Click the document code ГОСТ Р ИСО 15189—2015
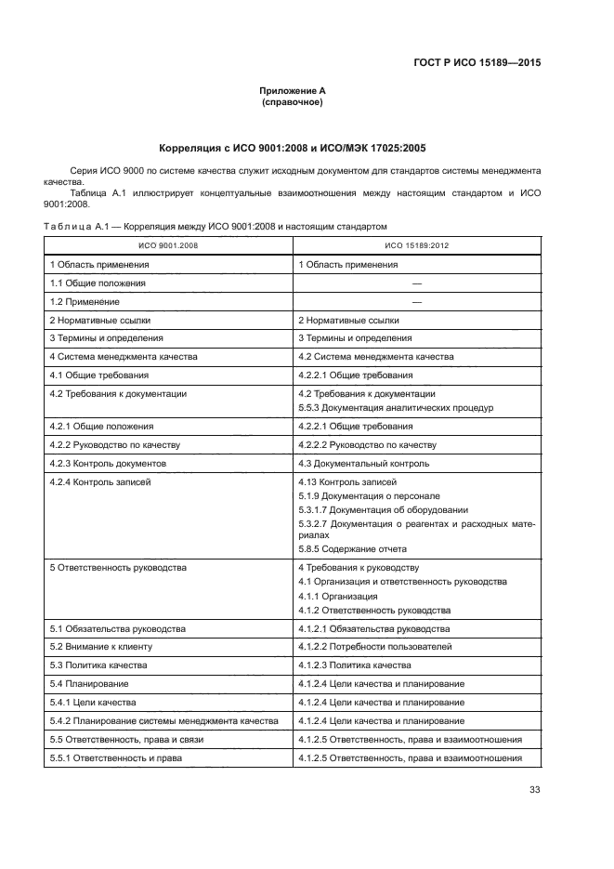click(x=477, y=62)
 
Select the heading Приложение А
click(x=292, y=91)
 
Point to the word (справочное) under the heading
click(x=292, y=102)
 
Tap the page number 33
click(x=534, y=790)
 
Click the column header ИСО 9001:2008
click(x=168, y=245)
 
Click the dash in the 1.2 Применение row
click(x=416, y=301)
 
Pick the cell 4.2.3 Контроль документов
click(x=108, y=463)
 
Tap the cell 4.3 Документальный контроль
click(x=363, y=463)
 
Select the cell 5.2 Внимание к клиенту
click(x=100, y=646)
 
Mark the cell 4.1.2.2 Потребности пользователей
click(x=375, y=646)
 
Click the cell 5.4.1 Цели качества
click(x=93, y=702)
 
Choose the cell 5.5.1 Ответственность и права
click(x=115, y=757)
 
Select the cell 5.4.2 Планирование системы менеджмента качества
click(x=163, y=721)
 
